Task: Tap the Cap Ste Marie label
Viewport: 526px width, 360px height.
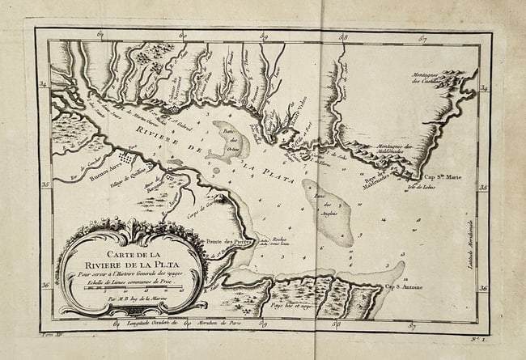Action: click(443, 172)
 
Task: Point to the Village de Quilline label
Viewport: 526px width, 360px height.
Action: click(127, 173)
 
